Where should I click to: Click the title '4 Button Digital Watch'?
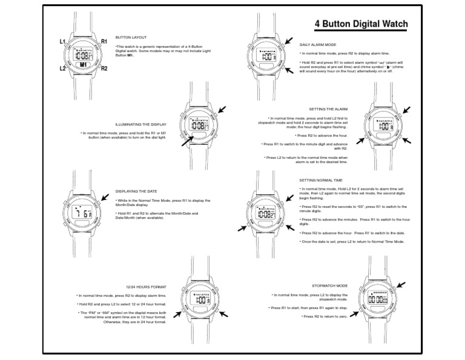coord(361,24)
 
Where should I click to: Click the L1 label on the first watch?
coord(62,41)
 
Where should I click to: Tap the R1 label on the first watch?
coord(104,41)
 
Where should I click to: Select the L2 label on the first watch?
coord(62,68)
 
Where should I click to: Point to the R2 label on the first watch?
coord(104,68)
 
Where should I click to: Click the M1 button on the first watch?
coord(84,64)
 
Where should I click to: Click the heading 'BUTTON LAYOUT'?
coord(131,38)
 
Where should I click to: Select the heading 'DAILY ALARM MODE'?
coord(318,45)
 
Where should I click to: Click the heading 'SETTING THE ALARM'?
coord(328,109)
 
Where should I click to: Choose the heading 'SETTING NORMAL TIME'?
coord(321,180)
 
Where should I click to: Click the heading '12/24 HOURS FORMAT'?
coord(146,286)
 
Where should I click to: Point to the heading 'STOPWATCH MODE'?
coord(330,285)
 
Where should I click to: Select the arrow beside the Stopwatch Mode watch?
coord(401,284)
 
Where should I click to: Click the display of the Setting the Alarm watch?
coord(384,126)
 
